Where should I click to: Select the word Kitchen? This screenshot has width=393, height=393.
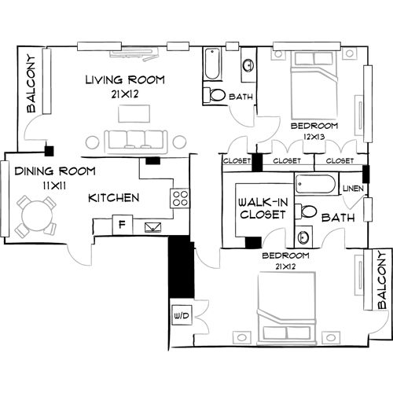coord(114,197)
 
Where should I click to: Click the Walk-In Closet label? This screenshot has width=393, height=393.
coord(263,208)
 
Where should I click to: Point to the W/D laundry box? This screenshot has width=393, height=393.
coord(179,316)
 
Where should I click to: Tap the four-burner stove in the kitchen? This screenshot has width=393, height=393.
coord(180,197)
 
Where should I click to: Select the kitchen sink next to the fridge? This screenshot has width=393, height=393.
coord(152,226)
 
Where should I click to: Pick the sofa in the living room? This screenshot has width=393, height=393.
coord(135,140)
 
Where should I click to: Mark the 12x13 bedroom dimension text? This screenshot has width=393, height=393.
coord(313,137)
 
